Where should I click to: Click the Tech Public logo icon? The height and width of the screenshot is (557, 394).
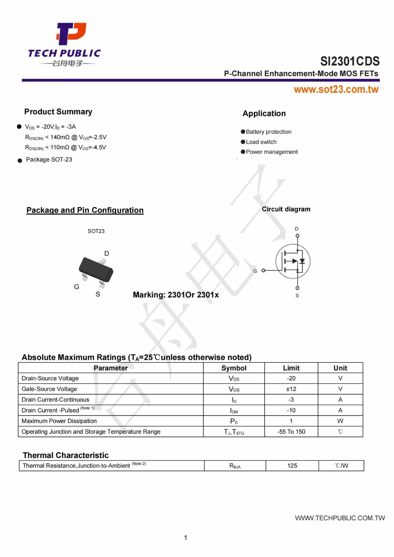click(x=71, y=33)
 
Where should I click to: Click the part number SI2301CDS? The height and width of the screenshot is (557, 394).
click(x=350, y=61)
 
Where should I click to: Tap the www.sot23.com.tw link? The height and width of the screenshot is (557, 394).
click(x=336, y=90)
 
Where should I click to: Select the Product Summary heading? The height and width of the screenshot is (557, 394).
click(x=58, y=112)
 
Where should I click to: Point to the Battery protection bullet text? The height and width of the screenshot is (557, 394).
click(x=268, y=132)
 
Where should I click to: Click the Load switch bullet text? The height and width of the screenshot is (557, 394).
click(x=261, y=142)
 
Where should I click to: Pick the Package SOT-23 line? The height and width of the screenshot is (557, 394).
click(x=49, y=159)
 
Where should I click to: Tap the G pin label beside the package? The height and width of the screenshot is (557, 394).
click(x=77, y=287)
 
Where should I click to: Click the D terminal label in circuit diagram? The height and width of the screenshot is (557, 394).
click(x=297, y=229)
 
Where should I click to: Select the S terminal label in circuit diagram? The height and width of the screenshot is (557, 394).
click(x=297, y=296)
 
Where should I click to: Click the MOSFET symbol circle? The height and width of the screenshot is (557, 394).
click(x=293, y=261)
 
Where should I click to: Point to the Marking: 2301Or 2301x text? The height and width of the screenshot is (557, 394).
click(x=176, y=295)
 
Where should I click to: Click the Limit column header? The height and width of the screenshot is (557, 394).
click(x=291, y=368)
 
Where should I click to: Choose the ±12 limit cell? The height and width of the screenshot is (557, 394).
click(x=291, y=389)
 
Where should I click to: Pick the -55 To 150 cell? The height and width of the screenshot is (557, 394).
click(x=291, y=432)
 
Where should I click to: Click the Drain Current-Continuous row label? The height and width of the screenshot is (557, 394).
click(x=55, y=400)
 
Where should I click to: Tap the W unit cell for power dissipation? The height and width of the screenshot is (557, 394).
click(x=340, y=421)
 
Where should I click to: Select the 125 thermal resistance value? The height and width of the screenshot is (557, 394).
click(x=292, y=466)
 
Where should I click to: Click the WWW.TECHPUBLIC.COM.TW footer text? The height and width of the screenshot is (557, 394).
click(x=340, y=518)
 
